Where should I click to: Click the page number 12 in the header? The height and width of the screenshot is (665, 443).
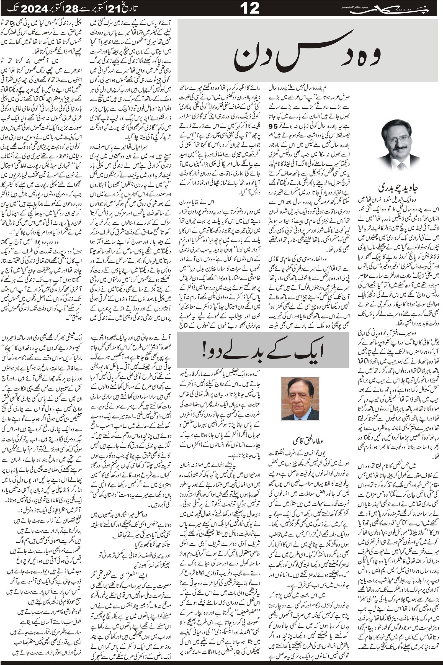point(250,8)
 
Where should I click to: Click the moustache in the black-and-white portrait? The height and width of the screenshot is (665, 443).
point(399,147)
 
